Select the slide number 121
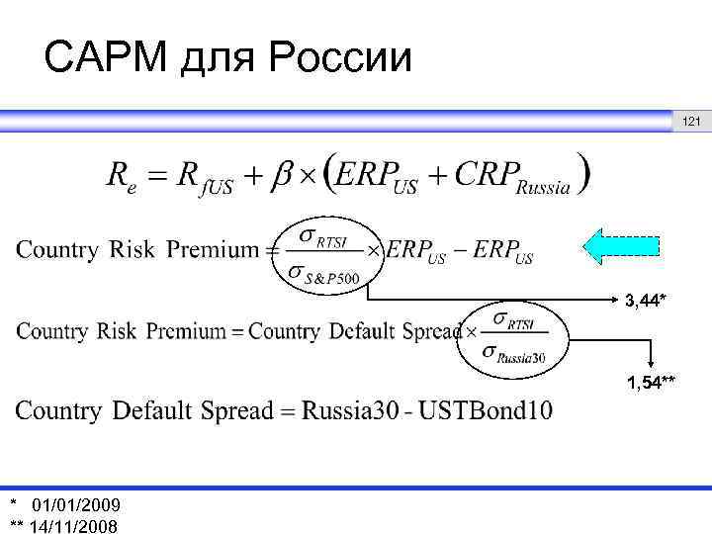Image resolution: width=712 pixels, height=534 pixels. (691, 122)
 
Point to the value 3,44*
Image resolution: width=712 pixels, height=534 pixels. (645, 300)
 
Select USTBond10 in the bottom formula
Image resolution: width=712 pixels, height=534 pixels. (484, 409)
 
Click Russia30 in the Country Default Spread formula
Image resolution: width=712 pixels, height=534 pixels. (348, 409)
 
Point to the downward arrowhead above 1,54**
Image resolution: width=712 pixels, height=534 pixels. (651, 364)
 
